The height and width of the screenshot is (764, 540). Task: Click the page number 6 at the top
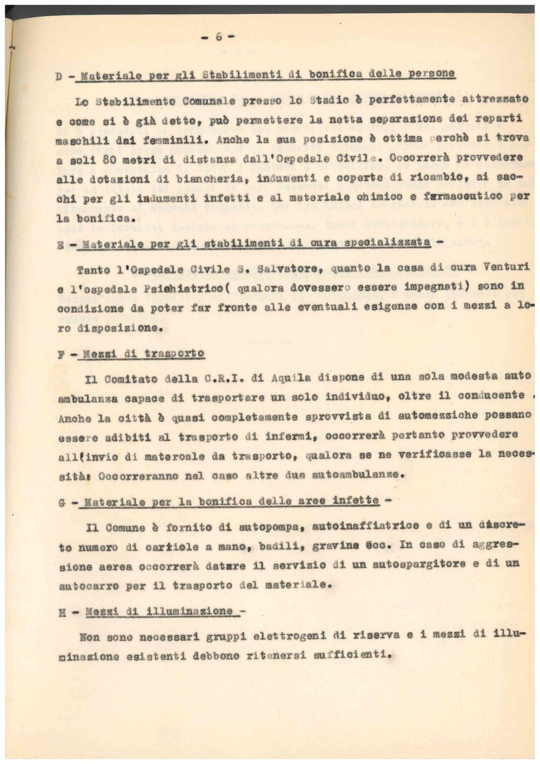coord(219,36)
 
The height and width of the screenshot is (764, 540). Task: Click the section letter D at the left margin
coord(58,77)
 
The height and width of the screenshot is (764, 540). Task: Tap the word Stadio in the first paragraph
coord(328,100)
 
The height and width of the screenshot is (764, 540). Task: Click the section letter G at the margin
coord(62,503)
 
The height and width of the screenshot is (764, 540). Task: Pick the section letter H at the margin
coord(62,612)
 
